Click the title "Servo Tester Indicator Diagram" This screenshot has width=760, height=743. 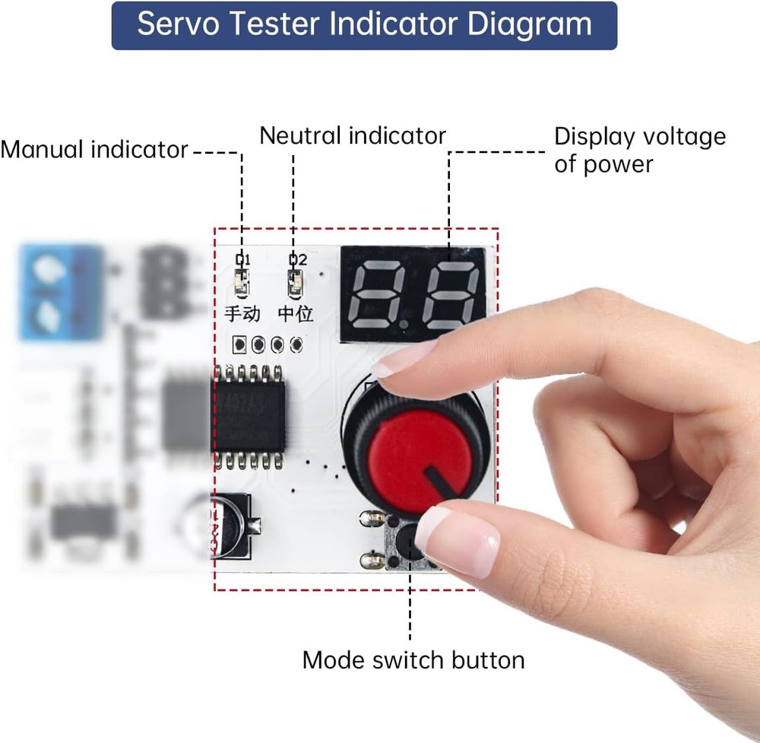(364, 25)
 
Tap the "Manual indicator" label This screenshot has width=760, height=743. (93, 149)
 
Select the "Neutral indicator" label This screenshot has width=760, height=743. (352, 135)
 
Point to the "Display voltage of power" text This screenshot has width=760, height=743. (639, 150)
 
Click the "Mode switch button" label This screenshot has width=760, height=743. (413, 659)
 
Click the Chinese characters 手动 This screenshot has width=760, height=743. (242, 313)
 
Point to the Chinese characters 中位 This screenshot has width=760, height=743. (295, 313)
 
